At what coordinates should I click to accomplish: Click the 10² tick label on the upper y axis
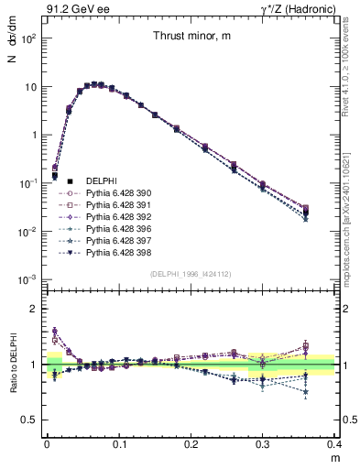[29, 39]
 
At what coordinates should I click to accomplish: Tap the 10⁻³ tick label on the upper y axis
[29, 278]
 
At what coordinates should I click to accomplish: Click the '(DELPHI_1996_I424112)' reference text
[189, 273]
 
